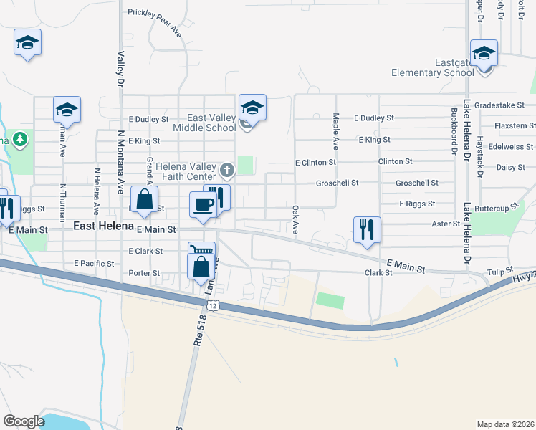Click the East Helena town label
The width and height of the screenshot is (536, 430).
point(104,226)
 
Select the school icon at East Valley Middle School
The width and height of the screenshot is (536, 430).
point(252,107)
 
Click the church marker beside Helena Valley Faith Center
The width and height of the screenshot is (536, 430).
point(227,170)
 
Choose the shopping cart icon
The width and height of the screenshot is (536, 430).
point(202,252)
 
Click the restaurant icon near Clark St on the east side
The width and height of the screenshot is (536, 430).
point(367,230)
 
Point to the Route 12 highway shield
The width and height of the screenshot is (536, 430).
point(212,306)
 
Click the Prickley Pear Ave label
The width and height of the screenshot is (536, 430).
point(155,21)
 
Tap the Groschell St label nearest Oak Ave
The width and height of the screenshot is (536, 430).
point(337,183)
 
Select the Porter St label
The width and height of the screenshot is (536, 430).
point(144,273)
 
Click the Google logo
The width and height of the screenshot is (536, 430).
point(24,421)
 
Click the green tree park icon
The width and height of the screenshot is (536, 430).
point(20,139)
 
